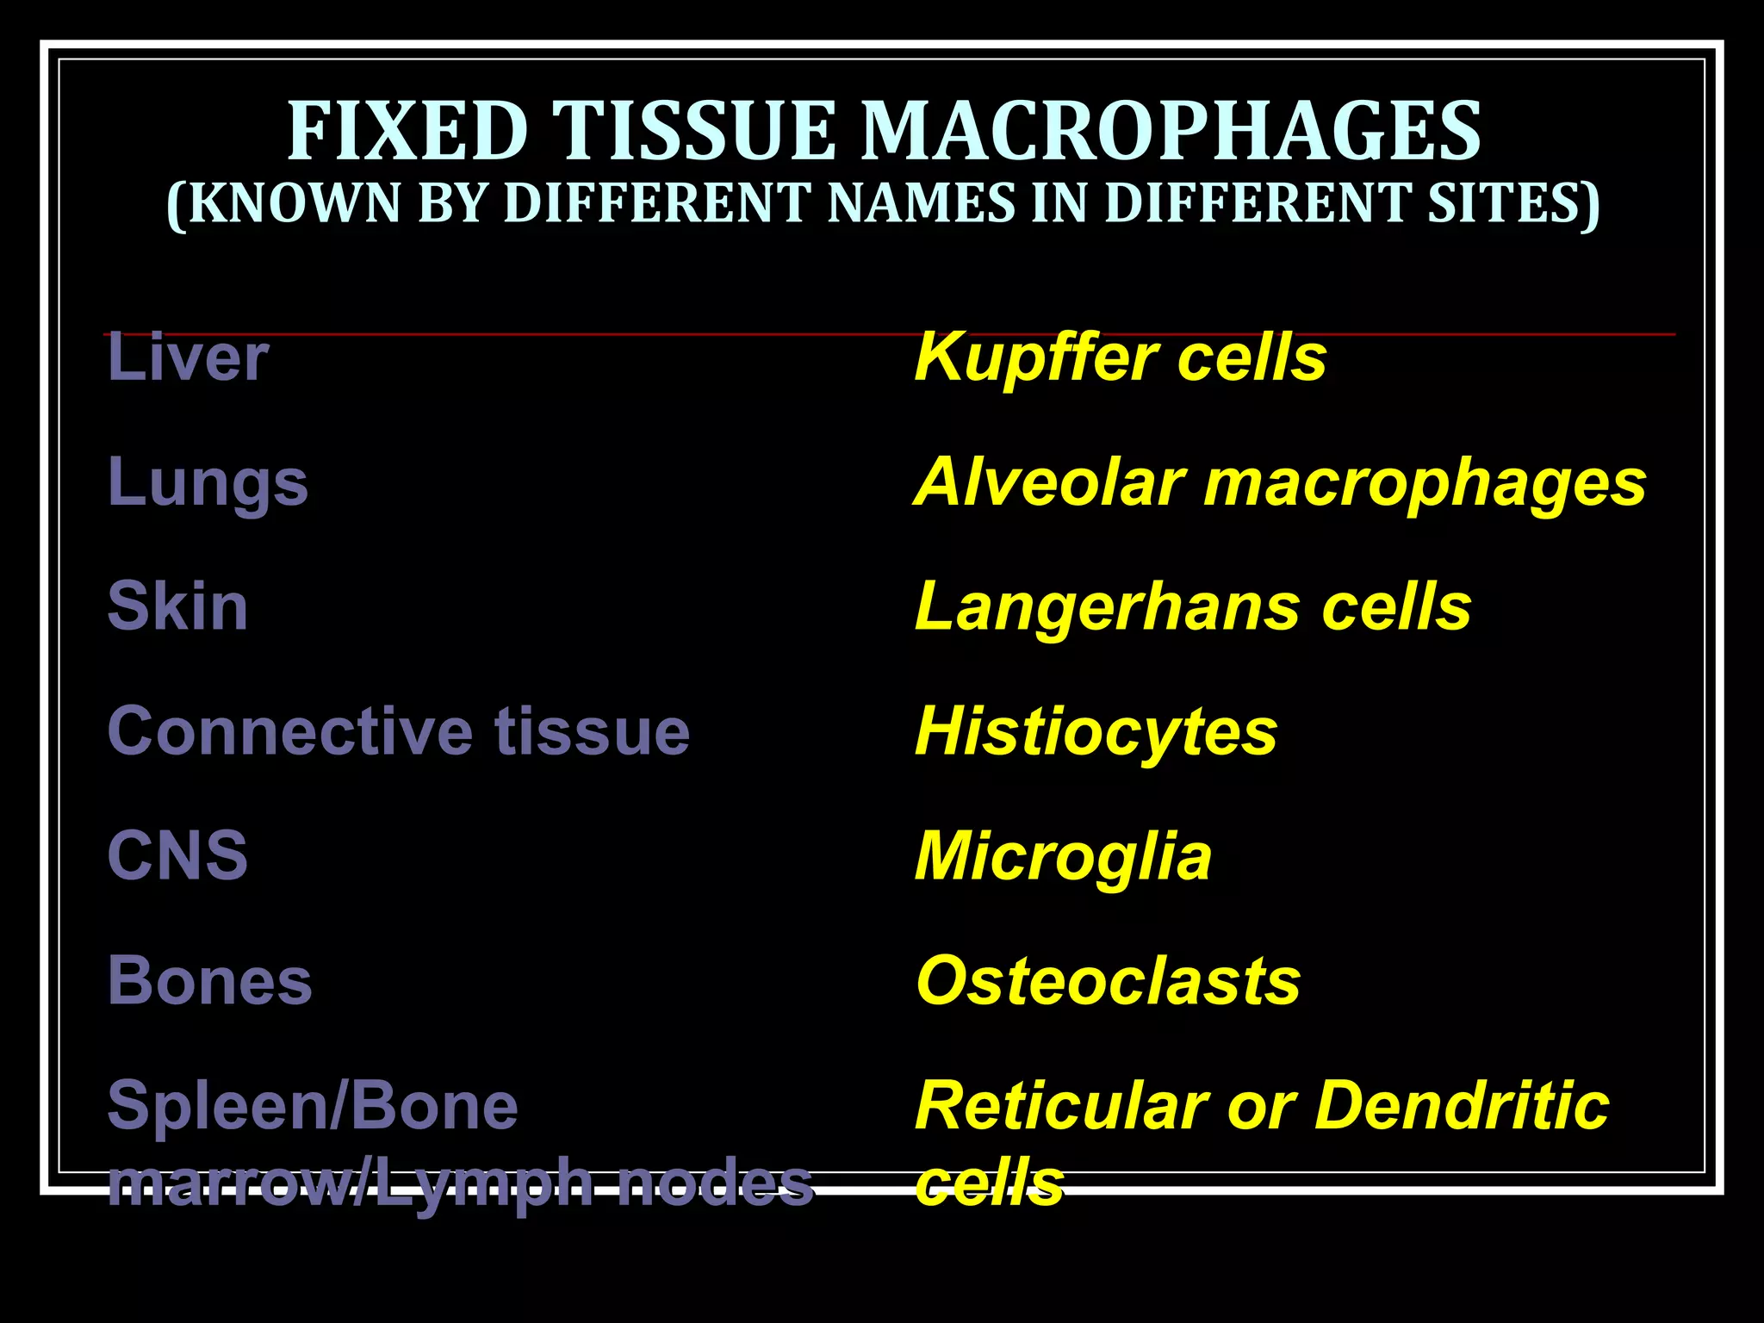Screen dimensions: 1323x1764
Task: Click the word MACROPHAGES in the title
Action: tap(1171, 131)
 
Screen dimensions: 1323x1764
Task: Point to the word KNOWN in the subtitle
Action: tap(293, 203)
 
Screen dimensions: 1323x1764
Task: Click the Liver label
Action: tap(188, 357)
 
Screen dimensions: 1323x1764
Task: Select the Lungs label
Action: tap(208, 483)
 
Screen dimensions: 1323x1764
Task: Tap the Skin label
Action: tap(177, 606)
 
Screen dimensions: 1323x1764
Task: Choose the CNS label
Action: tap(177, 855)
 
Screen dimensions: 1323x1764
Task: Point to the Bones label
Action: tap(209, 980)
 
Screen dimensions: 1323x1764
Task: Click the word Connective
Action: tap(289, 731)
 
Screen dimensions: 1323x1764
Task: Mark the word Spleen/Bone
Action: tap(313, 1105)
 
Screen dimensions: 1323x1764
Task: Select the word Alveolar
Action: tap(1050, 482)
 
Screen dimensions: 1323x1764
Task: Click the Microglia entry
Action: tap(1063, 857)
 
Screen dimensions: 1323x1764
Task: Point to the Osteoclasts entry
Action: tap(1108, 980)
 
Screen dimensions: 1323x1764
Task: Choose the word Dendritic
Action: tap(1462, 1105)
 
